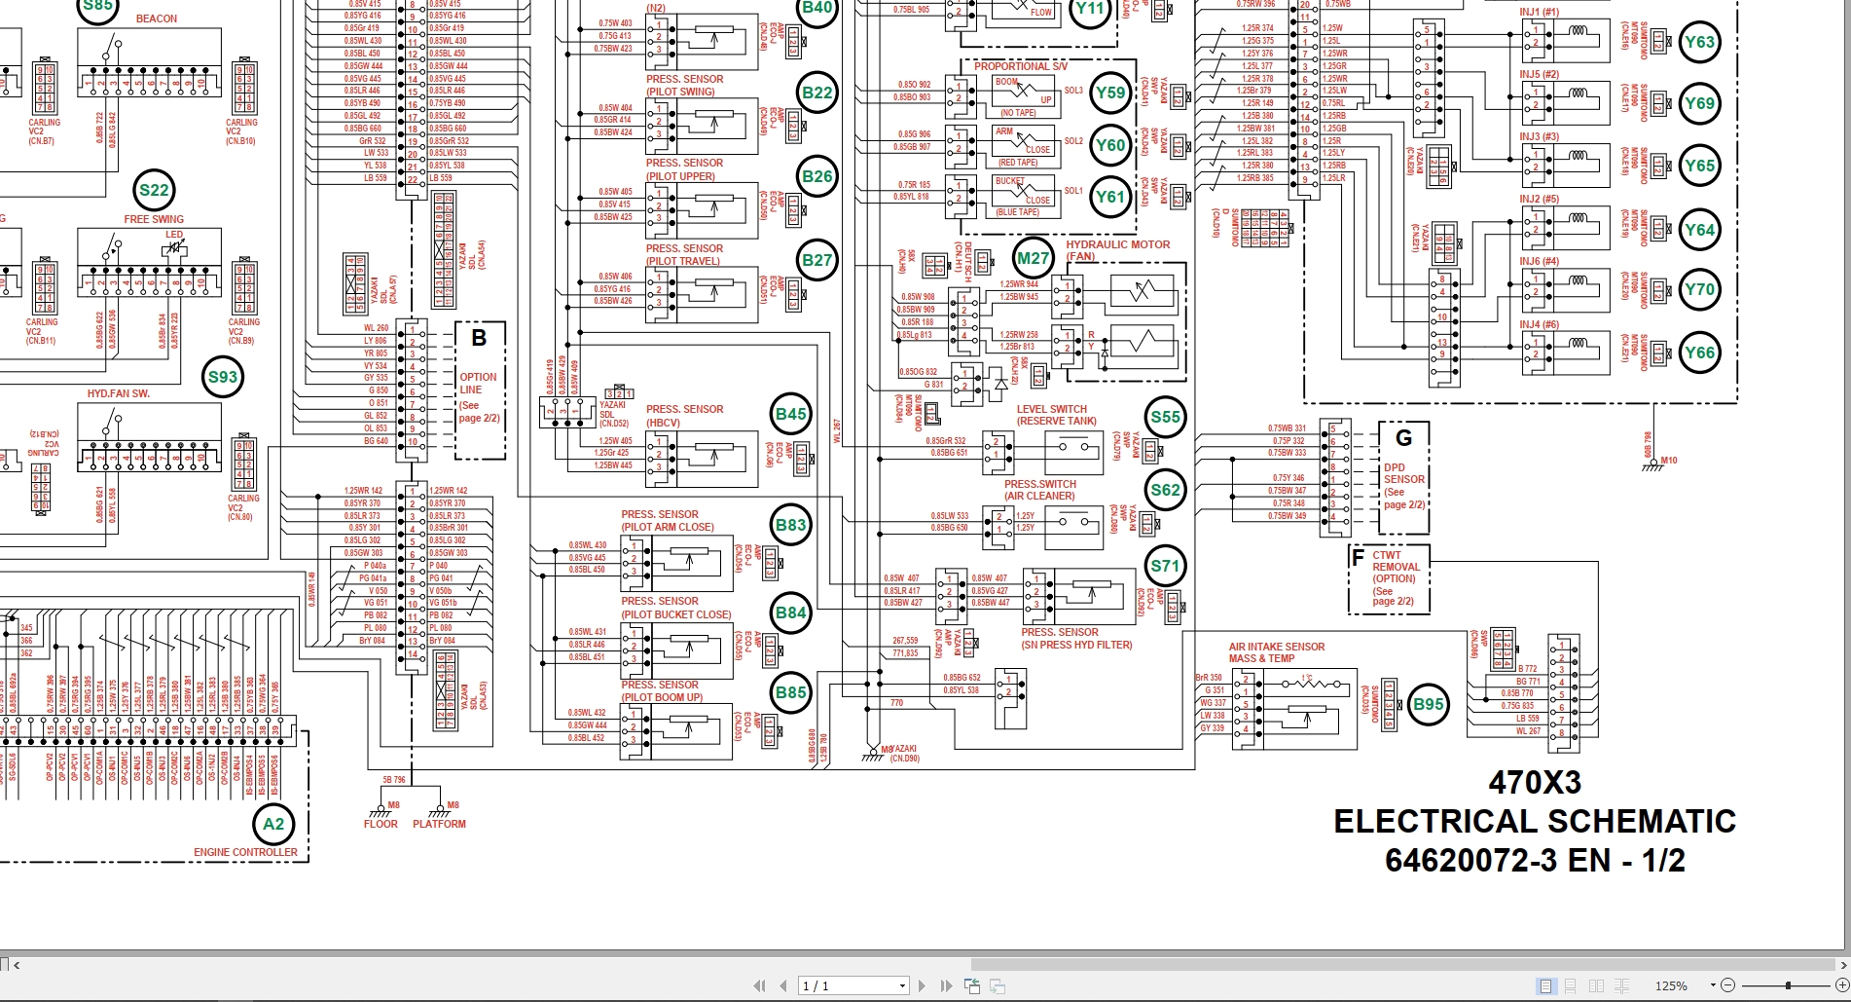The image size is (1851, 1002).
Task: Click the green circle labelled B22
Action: (817, 93)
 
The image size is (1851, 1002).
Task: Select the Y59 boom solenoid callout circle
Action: (1110, 93)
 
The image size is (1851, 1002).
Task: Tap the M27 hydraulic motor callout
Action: (1033, 258)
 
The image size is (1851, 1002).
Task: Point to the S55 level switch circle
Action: (1165, 418)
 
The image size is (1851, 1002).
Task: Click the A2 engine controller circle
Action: (274, 824)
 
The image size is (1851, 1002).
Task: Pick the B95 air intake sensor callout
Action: (1429, 704)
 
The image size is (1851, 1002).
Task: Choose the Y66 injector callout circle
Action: (1699, 353)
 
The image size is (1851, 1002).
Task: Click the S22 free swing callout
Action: (154, 190)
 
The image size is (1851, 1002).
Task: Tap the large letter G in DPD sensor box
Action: (1403, 438)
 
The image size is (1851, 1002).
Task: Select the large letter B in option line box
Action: (479, 338)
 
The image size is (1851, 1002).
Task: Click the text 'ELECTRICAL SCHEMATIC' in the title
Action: (1534, 821)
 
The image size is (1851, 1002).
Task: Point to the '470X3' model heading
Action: (1534, 782)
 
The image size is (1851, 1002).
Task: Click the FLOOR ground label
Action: (381, 824)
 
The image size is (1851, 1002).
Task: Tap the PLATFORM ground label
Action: (439, 824)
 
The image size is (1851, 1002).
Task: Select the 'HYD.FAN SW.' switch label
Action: (119, 393)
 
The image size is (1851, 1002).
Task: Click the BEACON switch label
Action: (156, 19)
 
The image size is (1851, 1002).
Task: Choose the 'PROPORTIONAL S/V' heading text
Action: (1020, 66)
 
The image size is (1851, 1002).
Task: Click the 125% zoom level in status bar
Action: (1671, 985)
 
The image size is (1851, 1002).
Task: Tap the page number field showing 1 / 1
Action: (853, 985)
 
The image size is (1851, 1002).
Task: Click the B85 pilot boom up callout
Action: (790, 693)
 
